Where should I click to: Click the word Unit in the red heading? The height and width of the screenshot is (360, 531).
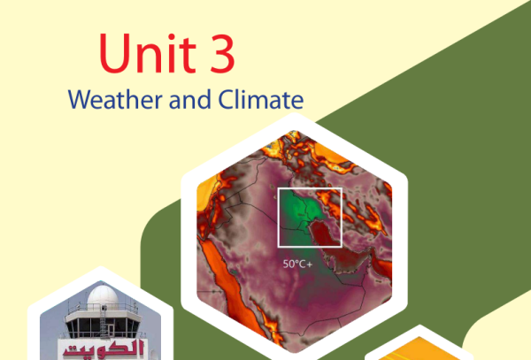coord(148,53)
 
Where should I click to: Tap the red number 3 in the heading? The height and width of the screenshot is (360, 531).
coord(222,54)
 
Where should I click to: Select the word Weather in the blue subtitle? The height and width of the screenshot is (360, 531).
coord(115,99)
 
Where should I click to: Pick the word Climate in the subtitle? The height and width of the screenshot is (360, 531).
coord(261,99)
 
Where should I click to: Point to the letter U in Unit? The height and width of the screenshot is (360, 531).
coord(114,53)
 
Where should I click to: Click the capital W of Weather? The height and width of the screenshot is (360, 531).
coord(82,99)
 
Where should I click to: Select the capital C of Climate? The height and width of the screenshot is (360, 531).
coord(226,99)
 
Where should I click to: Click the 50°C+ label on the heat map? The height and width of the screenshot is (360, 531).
coord(297,264)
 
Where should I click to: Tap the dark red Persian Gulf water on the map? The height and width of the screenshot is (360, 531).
coord(325,234)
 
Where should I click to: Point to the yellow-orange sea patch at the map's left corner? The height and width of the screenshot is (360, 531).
coord(206,190)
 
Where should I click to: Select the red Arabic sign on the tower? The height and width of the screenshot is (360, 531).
coord(104,349)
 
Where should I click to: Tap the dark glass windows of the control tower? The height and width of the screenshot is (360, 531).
coord(103,327)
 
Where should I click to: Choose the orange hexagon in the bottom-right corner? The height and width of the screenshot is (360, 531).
coord(419,349)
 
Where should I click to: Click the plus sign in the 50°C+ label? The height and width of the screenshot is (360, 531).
coord(310,264)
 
